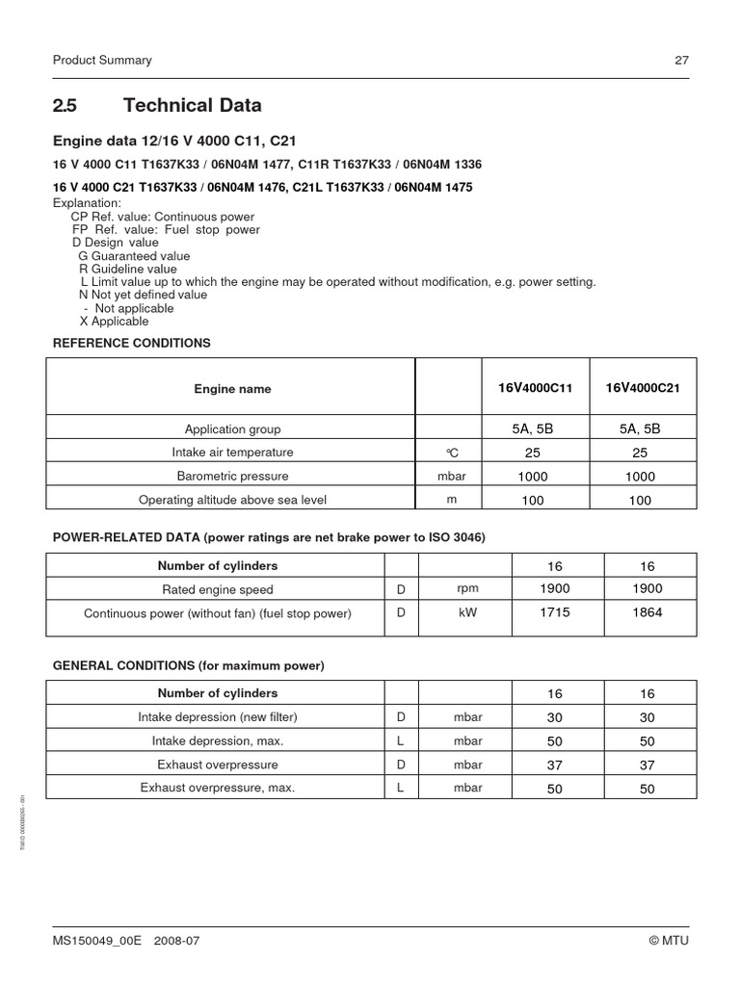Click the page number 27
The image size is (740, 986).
(681, 60)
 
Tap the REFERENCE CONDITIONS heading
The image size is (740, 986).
(131, 343)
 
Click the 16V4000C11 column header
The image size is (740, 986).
(535, 388)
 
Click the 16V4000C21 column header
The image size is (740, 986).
(643, 388)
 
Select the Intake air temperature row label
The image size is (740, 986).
(232, 453)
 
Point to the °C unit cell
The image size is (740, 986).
(450, 453)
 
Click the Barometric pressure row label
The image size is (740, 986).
(232, 477)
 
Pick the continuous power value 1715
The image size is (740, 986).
(556, 612)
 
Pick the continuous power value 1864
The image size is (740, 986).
(647, 612)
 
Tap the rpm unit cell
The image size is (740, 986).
(467, 589)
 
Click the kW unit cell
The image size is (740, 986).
(467, 613)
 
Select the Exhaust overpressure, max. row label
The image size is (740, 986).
(218, 788)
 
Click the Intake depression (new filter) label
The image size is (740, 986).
(218, 717)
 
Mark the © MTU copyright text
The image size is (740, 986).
(670, 941)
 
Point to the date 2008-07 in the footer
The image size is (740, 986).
(176, 941)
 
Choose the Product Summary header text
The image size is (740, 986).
(101, 60)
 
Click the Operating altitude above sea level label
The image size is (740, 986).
(232, 500)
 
